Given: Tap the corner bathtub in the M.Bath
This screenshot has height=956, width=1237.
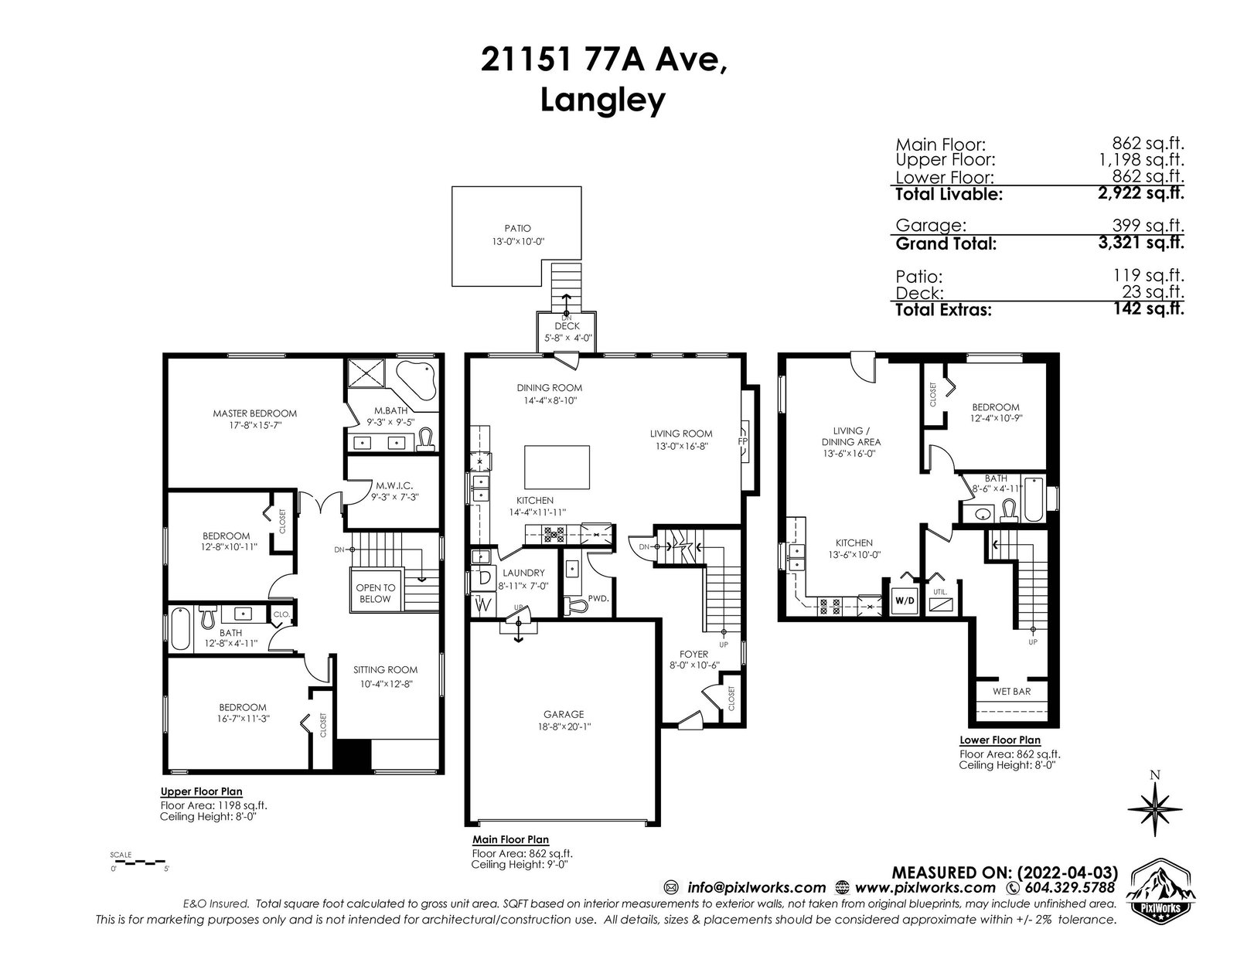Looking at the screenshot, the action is (x=416, y=379).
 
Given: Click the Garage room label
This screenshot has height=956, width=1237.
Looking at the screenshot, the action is (x=564, y=714).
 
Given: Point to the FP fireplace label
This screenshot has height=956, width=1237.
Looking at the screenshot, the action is (x=742, y=441).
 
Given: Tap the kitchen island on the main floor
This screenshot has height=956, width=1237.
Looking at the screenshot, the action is (x=556, y=468).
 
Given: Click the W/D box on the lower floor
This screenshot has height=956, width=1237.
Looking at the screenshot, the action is (x=904, y=601).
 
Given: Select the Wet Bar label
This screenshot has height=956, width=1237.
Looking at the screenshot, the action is (x=1011, y=692).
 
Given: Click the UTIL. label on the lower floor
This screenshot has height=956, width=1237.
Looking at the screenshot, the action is (x=940, y=592).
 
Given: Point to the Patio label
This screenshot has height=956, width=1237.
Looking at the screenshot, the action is (x=517, y=229).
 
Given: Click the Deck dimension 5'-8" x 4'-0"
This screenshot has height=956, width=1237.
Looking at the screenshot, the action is (x=567, y=338).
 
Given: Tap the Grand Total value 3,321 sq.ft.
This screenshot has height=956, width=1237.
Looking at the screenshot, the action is (x=1141, y=243).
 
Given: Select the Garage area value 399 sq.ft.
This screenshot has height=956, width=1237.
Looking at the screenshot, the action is (x=1148, y=226).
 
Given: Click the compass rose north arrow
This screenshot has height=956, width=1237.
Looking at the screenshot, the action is (x=1155, y=808).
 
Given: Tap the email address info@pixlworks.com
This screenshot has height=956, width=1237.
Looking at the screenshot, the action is (x=756, y=888).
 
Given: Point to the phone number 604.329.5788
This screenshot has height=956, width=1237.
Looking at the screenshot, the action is (x=1070, y=888).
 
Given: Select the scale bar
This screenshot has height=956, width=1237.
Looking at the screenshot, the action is (x=138, y=862).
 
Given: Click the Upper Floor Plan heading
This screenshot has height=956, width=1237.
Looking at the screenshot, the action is (x=202, y=791).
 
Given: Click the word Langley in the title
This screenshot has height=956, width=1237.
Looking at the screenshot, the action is (x=603, y=100).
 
